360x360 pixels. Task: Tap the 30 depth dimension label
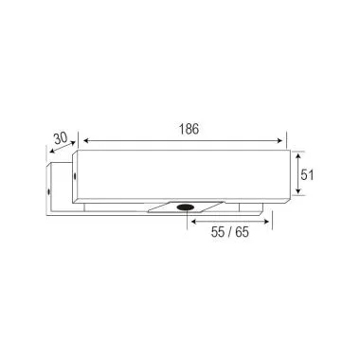pyautogui.click(x=61, y=138)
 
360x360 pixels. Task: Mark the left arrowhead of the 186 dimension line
pyautogui.click(x=82, y=141)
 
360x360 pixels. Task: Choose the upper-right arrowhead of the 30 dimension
pyautogui.click(x=74, y=144)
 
